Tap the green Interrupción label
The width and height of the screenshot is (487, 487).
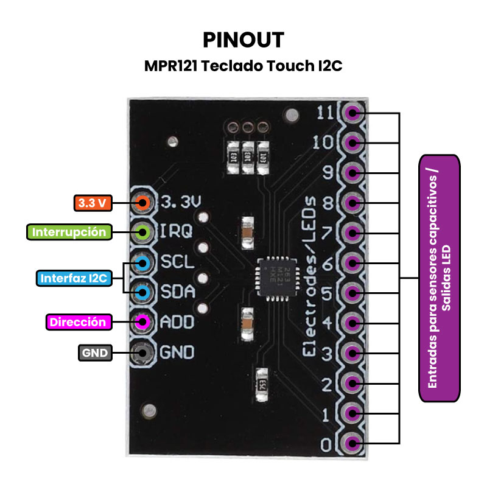(x=69, y=232)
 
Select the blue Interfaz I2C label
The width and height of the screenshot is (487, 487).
(x=74, y=279)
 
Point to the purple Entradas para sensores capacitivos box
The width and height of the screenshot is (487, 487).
(x=440, y=278)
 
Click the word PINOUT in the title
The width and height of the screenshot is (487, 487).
(x=243, y=40)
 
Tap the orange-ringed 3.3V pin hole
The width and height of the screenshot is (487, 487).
(x=142, y=202)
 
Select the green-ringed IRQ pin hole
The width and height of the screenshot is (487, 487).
(x=142, y=232)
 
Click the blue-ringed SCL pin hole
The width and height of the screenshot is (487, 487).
(x=142, y=264)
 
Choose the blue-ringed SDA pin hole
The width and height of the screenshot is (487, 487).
(x=142, y=293)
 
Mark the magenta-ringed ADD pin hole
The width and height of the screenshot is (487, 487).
(x=142, y=322)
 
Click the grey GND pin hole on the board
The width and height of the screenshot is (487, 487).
(x=142, y=352)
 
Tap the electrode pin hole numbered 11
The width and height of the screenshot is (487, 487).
(x=352, y=113)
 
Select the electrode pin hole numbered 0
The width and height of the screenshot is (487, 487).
(x=352, y=443)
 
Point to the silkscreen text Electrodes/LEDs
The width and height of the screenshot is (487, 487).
(x=310, y=277)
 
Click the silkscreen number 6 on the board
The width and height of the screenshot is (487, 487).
(x=326, y=264)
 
